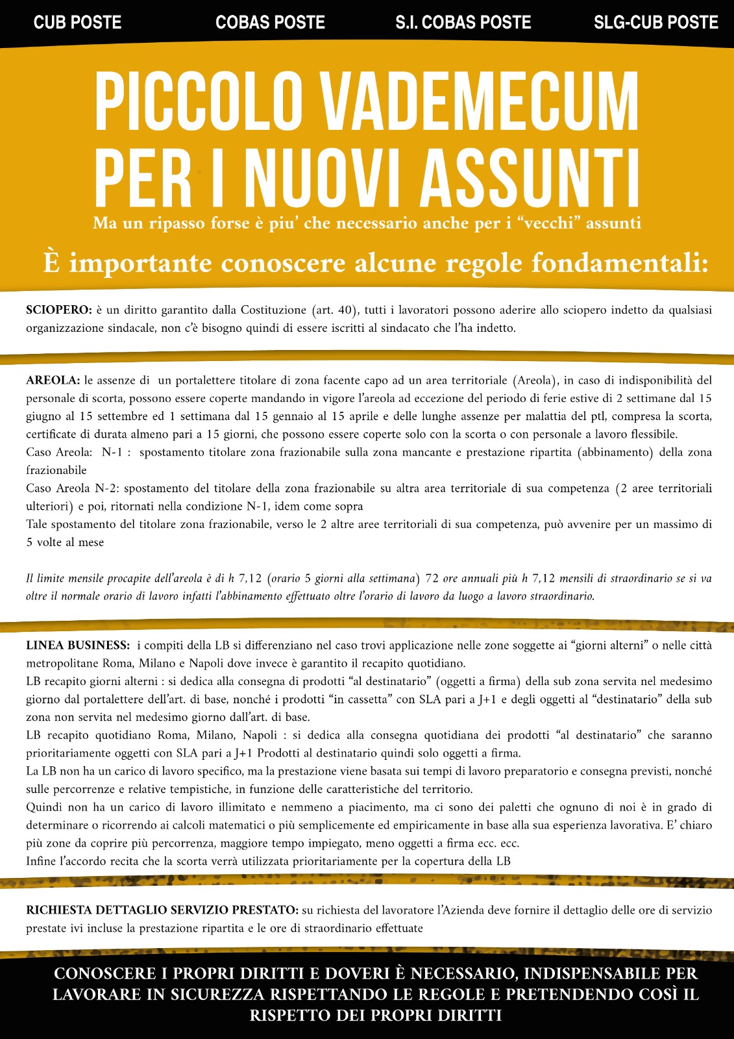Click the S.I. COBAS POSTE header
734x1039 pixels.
point(463,23)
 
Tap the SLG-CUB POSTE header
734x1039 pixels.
point(655,23)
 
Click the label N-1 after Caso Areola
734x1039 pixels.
point(112,453)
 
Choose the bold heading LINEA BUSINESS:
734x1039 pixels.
point(78,645)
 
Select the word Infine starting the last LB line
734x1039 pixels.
point(42,862)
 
